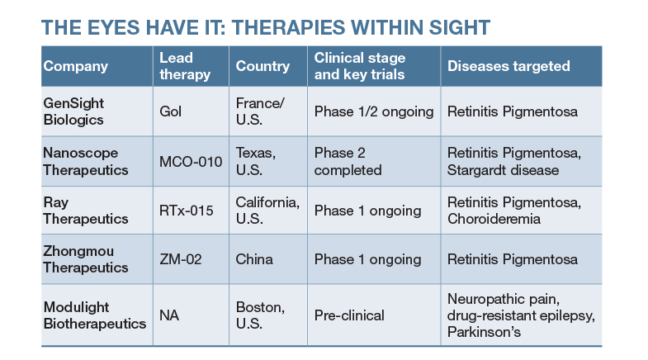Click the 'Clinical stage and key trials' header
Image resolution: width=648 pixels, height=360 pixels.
coord(359,66)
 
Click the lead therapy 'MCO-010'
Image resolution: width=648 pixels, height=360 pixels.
coord(191,161)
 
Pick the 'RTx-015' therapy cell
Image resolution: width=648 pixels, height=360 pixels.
coord(187,211)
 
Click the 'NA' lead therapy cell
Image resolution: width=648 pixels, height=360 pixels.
coord(169,315)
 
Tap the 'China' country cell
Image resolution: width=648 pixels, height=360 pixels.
coord(255,260)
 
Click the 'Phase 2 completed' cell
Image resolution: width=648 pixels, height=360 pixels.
coord(348,161)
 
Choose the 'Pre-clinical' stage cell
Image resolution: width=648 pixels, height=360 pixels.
coord(349,315)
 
